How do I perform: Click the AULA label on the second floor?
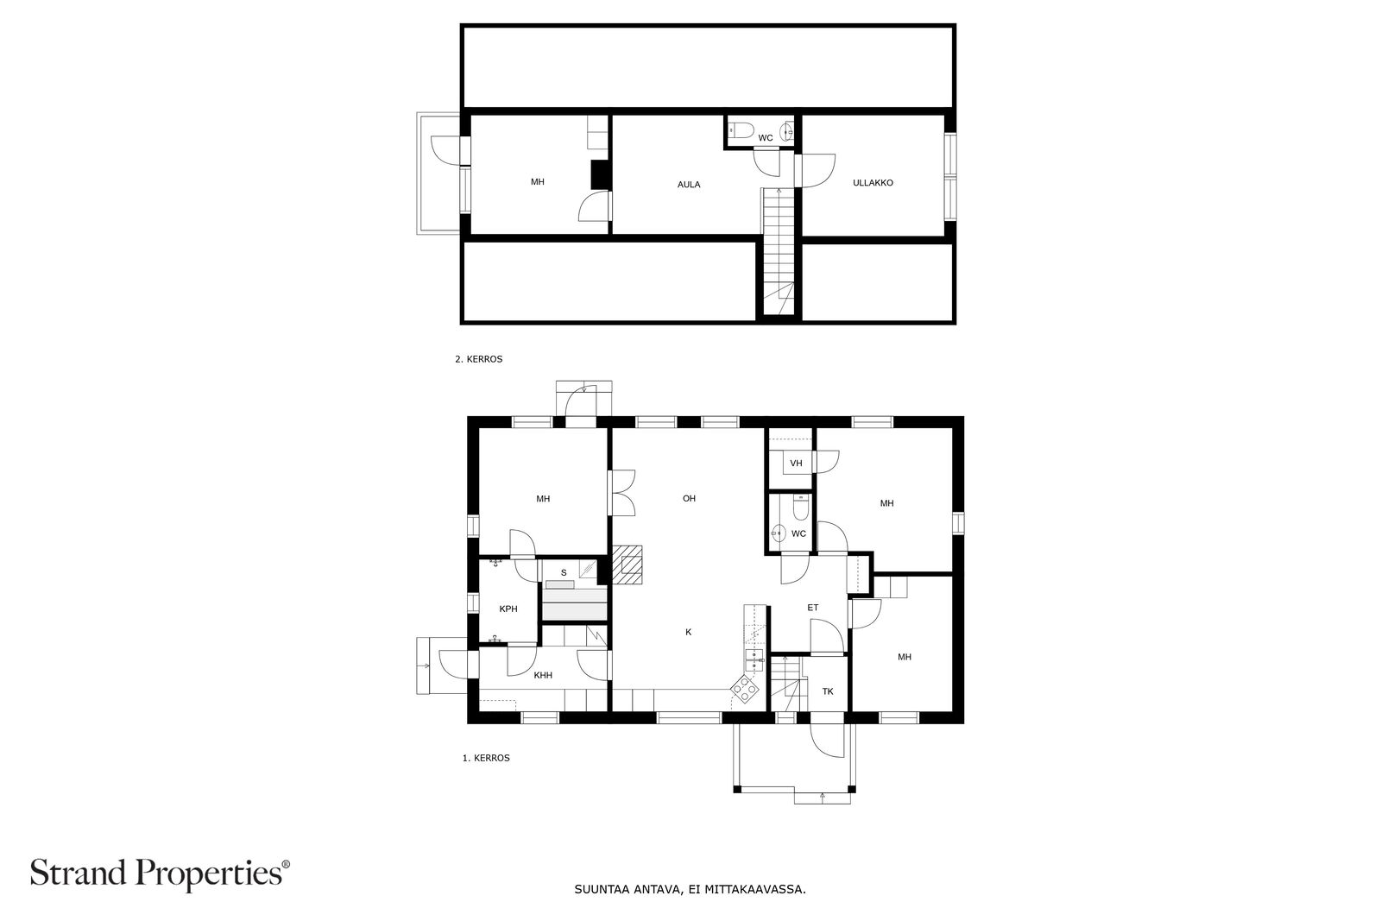point(688,185)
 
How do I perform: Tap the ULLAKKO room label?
point(873,183)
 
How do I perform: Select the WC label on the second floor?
point(765,138)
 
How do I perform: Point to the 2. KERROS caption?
point(478,359)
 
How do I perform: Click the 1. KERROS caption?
point(486,759)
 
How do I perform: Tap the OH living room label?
point(689,498)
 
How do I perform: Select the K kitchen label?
point(688,633)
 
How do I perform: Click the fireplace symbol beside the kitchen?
point(628,565)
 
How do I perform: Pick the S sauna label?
point(564,572)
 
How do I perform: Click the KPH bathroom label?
point(508,609)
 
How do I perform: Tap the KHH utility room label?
point(542,676)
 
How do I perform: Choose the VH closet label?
point(796,464)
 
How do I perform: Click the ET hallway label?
point(812,609)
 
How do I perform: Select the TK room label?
point(828,692)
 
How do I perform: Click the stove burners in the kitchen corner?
point(745,688)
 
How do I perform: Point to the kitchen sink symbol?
point(755,661)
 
